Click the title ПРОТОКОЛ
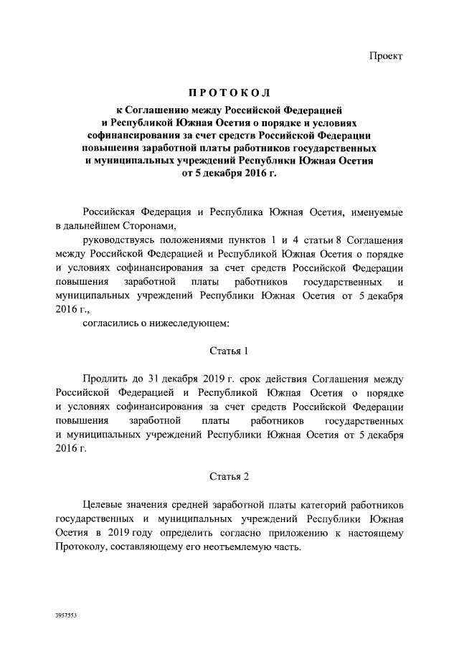click(x=229, y=95)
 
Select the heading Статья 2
click(x=229, y=476)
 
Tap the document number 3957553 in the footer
click(x=66, y=615)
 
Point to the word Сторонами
click(x=156, y=225)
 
